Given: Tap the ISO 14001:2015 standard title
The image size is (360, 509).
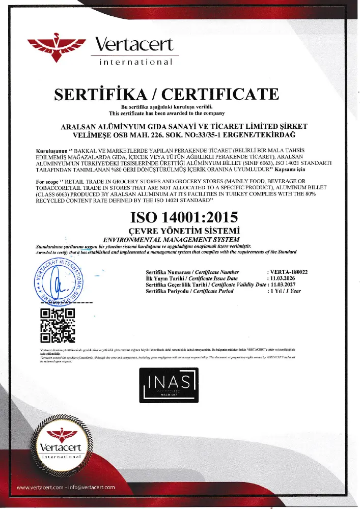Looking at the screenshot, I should (x=184, y=217).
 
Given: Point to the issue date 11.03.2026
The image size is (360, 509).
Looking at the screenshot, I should (x=284, y=279).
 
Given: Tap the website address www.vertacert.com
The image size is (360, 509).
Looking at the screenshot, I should (x=40, y=488).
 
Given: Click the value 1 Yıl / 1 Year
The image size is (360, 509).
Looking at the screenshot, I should (x=286, y=292).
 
